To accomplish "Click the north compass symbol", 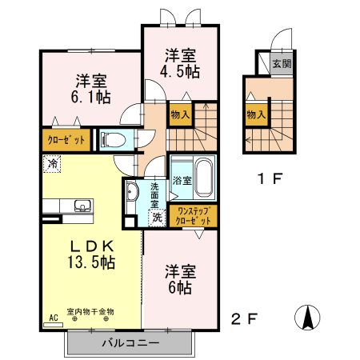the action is (307, 318).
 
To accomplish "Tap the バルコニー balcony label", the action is (130, 342).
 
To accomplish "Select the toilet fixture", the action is (113, 139).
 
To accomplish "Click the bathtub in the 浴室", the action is (204, 178).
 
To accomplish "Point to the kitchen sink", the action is (82, 206).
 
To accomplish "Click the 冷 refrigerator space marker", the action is (52, 164).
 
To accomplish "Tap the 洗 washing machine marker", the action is (157, 218).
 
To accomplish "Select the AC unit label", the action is (54, 318).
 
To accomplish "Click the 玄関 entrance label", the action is (282, 64).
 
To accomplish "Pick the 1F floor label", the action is (270, 178).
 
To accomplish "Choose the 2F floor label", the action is (244, 318).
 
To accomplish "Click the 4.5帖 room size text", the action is (180, 71).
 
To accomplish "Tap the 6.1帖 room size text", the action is (90, 97).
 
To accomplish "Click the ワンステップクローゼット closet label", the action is (194, 216).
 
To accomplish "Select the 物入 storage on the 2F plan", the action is (180, 115).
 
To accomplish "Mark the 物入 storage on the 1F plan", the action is (256, 115).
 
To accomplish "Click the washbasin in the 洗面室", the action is (132, 191).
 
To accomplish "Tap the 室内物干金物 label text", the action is (90, 311).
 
